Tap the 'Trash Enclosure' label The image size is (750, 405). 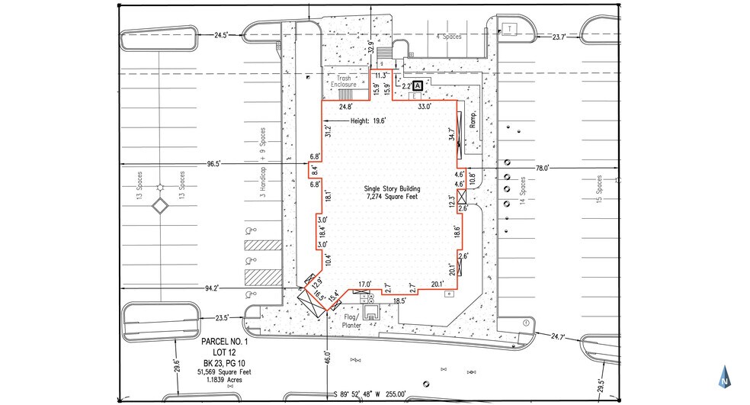click(341, 82)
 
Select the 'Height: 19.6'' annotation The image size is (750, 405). click(368, 121)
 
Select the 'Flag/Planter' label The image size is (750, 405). click(351, 320)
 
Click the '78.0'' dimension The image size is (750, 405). click(543, 168)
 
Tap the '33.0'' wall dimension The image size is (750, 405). click(424, 107)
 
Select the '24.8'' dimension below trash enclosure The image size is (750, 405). click(346, 107)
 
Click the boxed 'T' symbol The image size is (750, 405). click(508, 29)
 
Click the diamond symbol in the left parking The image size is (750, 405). click(160, 205)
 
